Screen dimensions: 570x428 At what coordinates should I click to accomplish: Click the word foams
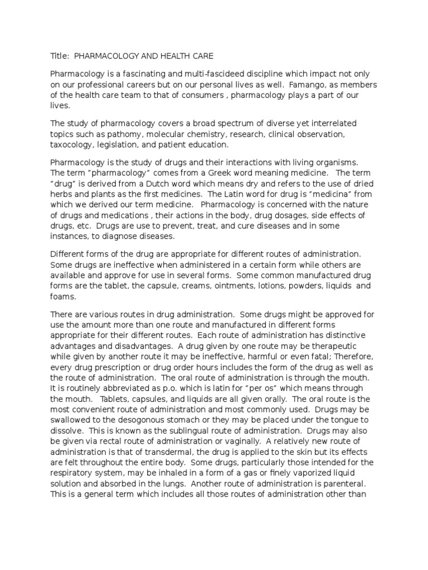point(62,297)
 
